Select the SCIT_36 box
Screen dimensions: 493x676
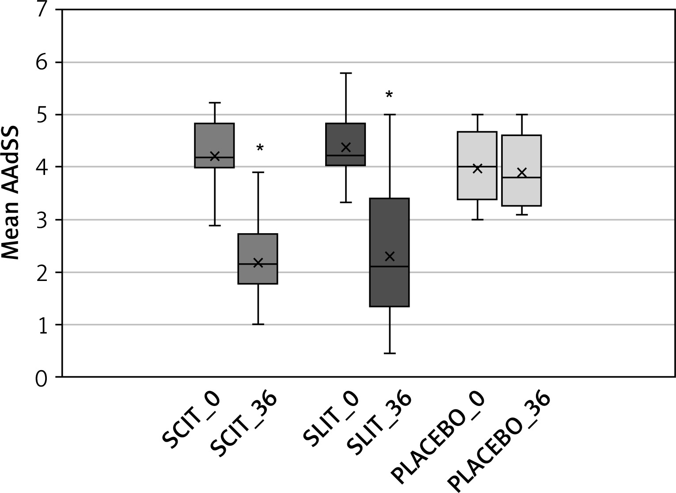coord(258,274)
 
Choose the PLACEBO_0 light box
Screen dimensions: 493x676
coord(477,186)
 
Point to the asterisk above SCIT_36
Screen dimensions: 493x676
coord(260,148)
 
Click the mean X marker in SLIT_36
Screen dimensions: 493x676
coord(389,256)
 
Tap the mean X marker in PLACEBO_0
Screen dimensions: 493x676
coord(477,168)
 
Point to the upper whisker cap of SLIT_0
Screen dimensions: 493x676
coord(346,73)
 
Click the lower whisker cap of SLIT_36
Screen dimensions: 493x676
coord(389,353)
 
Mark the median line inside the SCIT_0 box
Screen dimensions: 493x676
coord(214,157)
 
